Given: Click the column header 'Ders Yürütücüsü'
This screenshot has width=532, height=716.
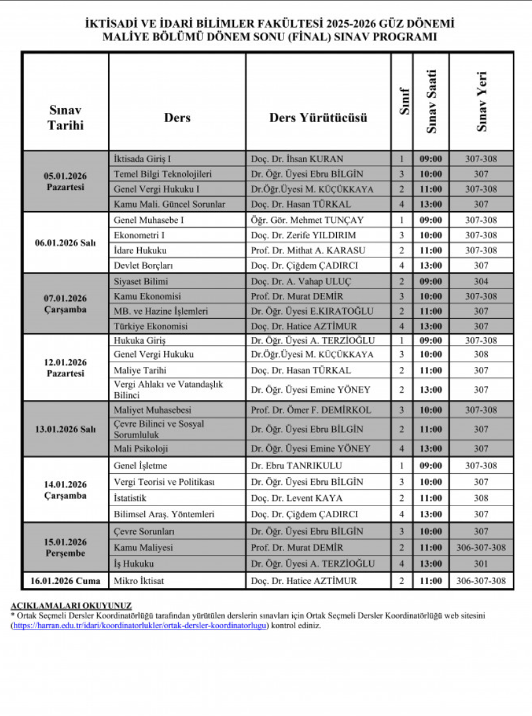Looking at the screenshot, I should click(x=318, y=117).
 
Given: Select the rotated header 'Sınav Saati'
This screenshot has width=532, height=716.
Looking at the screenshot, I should click(x=431, y=102).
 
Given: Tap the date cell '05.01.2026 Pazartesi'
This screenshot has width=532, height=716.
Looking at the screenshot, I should click(x=65, y=181).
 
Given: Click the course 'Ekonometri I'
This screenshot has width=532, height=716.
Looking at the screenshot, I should click(x=139, y=235).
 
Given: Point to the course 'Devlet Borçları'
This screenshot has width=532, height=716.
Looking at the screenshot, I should click(x=144, y=265).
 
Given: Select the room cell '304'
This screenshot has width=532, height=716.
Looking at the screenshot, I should click(x=481, y=281).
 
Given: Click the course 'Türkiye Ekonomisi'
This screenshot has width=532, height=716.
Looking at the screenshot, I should click(x=151, y=326).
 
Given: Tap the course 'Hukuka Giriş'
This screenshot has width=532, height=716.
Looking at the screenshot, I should click(x=140, y=341).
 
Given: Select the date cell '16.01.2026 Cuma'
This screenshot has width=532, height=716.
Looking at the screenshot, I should click(x=65, y=581).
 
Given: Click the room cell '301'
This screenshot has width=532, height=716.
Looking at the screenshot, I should click(x=481, y=564).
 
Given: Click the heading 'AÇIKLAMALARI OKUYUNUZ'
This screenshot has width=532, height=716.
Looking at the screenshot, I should click(x=71, y=606).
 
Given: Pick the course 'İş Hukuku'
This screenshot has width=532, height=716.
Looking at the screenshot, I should click(x=134, y=564).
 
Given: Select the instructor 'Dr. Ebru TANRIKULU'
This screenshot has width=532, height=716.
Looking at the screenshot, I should click(x=291, y=466).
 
